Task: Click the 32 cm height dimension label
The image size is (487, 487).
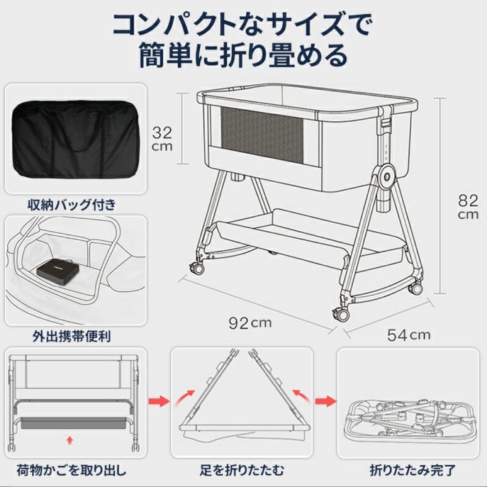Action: click(162, 138)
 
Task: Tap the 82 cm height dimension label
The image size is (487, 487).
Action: click(468, 207)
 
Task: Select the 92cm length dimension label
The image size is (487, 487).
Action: click(250, 323)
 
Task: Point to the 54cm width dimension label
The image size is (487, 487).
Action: click(409, 335)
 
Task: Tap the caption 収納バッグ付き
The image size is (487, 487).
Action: click(71, 205)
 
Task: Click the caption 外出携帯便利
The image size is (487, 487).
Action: click(71, 336)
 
